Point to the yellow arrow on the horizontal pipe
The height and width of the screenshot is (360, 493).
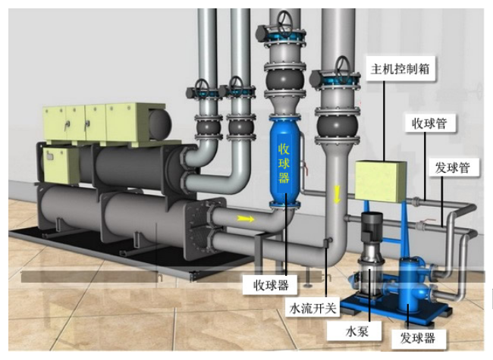245,218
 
